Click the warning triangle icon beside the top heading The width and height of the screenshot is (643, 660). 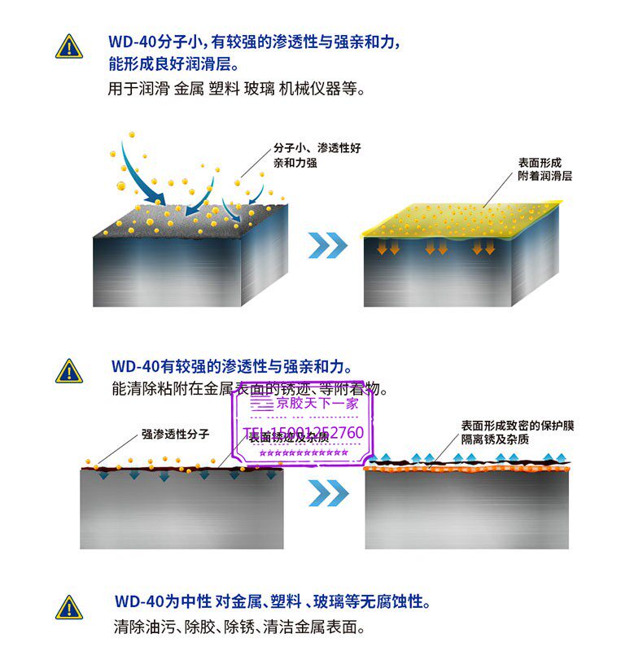coord(69,46)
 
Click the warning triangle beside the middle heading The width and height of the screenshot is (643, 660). coord(69,371)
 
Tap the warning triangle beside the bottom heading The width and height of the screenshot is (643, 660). coord(69,607)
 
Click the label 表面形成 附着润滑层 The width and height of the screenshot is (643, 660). coord(545,168)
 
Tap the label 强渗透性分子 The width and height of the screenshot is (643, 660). coord(175,435)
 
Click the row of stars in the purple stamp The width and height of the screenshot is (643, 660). coord(304,452)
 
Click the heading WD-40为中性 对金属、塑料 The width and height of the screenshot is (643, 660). coord(273,603)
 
